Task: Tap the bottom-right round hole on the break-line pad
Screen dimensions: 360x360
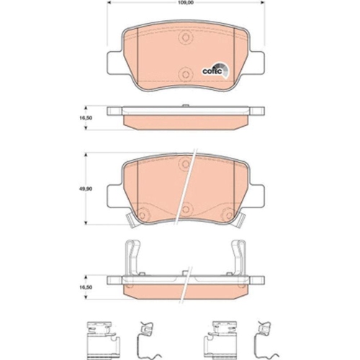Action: [x=225, y=213]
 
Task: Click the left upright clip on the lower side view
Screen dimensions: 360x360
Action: [x=131, y=257]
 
